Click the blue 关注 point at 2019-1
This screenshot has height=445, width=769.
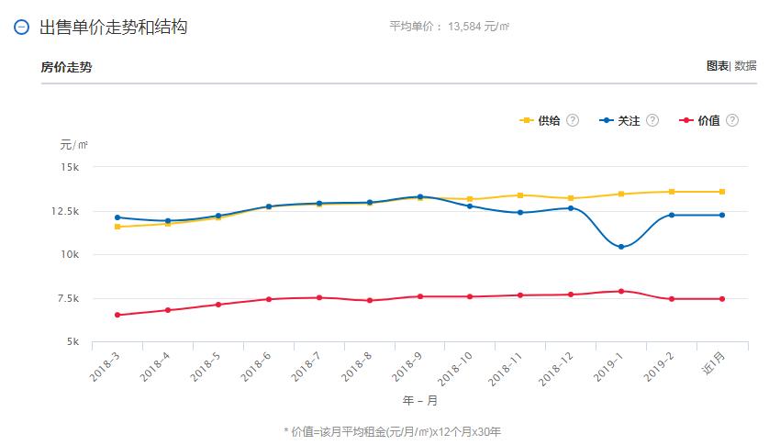(x=621, y=247)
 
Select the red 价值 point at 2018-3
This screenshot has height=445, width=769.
(x=117, y=315)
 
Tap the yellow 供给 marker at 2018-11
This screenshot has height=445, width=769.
(x=520, y=195)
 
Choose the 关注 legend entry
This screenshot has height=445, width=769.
(x=628, y=120)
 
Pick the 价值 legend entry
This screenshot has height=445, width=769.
(x=708, y=120)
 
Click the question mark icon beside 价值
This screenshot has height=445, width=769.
(x=731, y=120)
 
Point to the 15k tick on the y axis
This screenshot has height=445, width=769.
(x=71, y=168)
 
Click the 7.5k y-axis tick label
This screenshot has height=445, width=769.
(x=68, y=298)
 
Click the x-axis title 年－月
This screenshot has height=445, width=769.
(x=420, y=401)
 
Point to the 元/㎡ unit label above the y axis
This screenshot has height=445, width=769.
(x=73, y=145)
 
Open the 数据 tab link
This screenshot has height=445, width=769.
(x=745, y=66)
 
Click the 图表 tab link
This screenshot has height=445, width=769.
(x=717, y=66)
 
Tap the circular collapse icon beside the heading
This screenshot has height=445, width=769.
(x=22, y=28)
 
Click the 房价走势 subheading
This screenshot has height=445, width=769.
(x=66, y=67)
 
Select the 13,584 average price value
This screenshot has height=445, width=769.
(x=466, y=27)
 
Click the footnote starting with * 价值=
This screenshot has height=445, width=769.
(x=393, y=430)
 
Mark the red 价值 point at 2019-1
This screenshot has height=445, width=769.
(x=621, y=291)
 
